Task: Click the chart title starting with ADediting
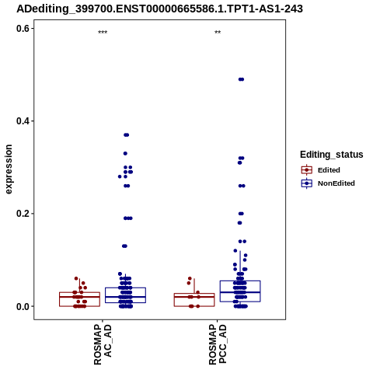pyautogui.click(x=159, y=9)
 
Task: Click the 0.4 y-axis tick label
pyautogui.click(x=23, y=121)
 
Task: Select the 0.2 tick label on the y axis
pyautogui.click(x=23, y=214)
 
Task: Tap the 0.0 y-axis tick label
pyautogui.click(x=23, y=306)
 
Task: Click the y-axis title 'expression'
pyautogui.click(x=9, y=169)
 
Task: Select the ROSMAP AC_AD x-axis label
pyautogui.click(x=103, y=344)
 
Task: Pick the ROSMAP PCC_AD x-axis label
pyautogui.click(x=218, y=344)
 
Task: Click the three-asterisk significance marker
pyautogui.click(x=103, y=33)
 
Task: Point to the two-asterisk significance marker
pyautogui.click(x=218, y=33)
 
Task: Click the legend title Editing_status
pyautogui.click(x=332, y=155)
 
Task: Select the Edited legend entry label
pyautogui.click(x=329, y=170)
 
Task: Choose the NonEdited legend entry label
pyautogui.click(x=336, y=183)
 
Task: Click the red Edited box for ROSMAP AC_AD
pyautogui.click(x=79, y=299)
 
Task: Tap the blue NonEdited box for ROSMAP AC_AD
pyautogui.click(x=126, y=295)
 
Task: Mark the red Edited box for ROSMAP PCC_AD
pyautogui.click(x=194, y=300)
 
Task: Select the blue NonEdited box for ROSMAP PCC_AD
pyautogui.click(x=240, y=291)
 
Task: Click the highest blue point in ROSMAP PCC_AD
pyautogui.click(x=241, y=79)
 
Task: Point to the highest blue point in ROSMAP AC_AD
pyautogui.click(x=127, y=135)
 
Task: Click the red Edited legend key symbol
pyautogui.click(x=307, y=170)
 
